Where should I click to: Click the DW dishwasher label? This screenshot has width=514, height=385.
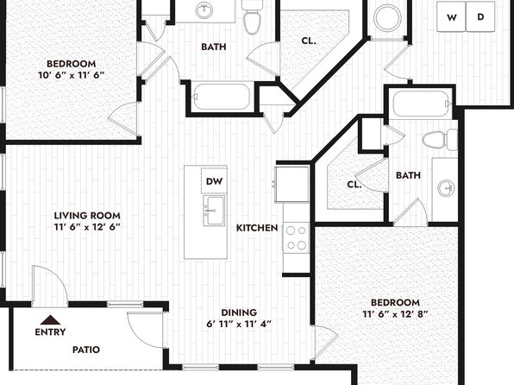[214, 181]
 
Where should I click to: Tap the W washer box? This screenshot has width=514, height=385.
[451, 16]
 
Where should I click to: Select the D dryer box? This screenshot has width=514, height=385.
[480, 16]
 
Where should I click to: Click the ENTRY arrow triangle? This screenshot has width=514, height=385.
[50, 319]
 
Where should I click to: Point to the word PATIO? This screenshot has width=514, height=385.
[86, 350]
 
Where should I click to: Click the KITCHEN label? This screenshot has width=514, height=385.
[257, 228]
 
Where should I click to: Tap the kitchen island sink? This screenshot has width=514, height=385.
[214, 211]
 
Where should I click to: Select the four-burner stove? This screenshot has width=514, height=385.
[296, 237]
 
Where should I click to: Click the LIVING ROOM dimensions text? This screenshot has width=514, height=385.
[87, 227]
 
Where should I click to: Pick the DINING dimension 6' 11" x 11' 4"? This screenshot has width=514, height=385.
[239, 324]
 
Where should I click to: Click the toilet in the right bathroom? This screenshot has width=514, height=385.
[439, 140]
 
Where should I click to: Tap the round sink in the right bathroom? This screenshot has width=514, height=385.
[446, 189]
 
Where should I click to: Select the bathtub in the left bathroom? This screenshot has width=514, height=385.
[222, 97]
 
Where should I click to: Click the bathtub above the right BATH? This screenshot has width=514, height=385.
[421, 104]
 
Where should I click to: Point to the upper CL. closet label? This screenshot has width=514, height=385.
[309, 41]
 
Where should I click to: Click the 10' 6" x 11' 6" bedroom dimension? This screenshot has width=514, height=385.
[71, 75]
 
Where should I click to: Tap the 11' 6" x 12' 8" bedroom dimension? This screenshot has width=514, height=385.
[395, 314]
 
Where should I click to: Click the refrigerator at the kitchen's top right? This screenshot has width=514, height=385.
[292, 184]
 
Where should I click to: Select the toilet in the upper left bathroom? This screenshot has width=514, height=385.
[252, 16]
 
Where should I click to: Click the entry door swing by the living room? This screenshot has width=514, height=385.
[50, 286]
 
